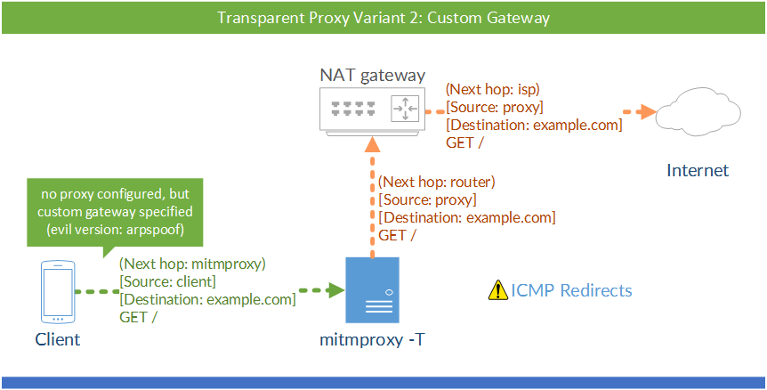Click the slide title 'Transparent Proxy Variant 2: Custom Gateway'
(383, 17)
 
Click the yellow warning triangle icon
(497, 290)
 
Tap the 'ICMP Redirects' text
(571, 290)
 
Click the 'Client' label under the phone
(57, 339)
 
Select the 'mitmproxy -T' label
(371, 339)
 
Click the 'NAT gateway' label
(372, 75)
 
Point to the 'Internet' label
(698, 170)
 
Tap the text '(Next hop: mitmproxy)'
(191, 264)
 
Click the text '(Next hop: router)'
(436, 182)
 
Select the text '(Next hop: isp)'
(493, 89)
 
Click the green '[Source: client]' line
(168, 282)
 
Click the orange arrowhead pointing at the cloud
(650, 112)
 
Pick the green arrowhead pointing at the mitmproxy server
(335, 290)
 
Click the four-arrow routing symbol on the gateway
(405, 110)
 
